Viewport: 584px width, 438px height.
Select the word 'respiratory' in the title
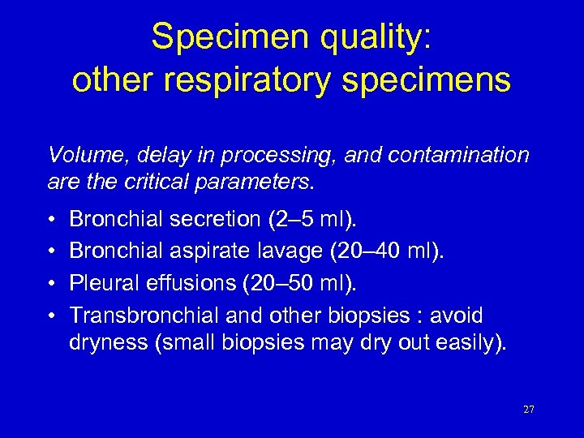[x=252, y=80]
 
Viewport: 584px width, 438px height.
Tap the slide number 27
[x=529, y=410]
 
